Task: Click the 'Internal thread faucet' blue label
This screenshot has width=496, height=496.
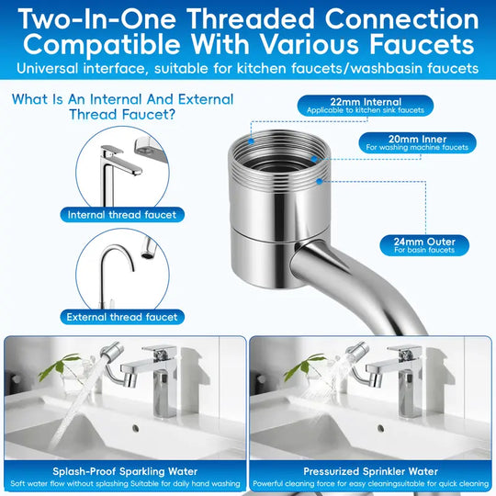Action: [123, 214]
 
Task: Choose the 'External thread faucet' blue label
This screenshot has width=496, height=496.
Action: [122, 317]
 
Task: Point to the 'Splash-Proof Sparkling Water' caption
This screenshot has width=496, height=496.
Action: [124, 468]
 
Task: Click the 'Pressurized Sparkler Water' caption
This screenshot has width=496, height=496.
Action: [371, 468]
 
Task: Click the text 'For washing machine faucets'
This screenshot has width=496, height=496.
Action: [415, 147]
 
